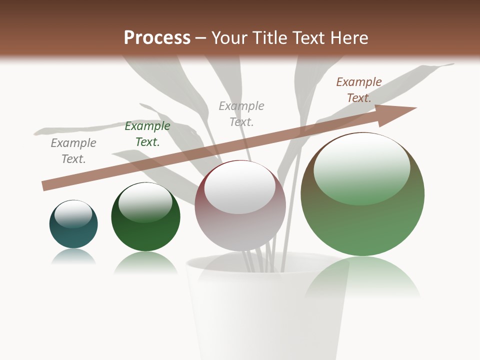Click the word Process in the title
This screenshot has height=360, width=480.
pyautogui.click(x=157, y=38)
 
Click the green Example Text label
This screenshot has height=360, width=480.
pyautogui.click(x=147, y=134)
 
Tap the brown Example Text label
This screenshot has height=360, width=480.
pyautogui.click(x=359, y=90)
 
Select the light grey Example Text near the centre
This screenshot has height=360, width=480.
pyautogui.click(x=241, y=113)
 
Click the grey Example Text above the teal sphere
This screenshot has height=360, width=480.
pyautogui.click(x=73, y=150)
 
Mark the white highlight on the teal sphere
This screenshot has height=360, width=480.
pyautogui.click(x=73, y=213)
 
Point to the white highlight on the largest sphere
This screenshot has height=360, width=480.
pyautogui.click(x=361, y=168)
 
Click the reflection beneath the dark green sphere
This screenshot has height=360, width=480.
pyautogui.click(x=145, y=262)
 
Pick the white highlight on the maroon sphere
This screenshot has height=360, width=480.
pyautogui.click(x=240, y=187)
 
